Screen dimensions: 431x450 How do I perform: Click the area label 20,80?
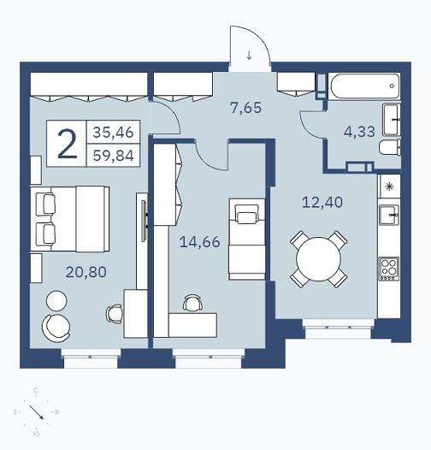(86, 272)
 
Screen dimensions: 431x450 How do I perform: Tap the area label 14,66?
(200, 242)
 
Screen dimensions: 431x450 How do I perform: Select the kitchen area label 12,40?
(322, 202)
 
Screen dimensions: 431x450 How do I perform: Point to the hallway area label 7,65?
(246, 108)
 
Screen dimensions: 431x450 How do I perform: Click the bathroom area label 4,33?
(359, 132)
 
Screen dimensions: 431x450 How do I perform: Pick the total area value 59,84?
(114, 156)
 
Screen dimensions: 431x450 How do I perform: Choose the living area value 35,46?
(114, 133)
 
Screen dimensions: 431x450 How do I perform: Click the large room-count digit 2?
(68, 144)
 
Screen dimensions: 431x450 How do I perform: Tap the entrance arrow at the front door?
(249, 55)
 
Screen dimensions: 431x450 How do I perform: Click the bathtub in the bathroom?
(364, 86)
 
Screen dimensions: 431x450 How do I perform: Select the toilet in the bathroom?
(390, 147)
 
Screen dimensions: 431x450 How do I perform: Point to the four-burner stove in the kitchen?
(389, 269)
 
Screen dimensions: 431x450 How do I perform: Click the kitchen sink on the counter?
(389, 215)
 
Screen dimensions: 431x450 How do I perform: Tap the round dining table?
(318, 259)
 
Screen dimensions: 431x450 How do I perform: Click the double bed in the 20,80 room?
(70, 219)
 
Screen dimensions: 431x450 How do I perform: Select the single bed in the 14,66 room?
(247, 239)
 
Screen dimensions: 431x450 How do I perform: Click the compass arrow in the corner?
(36, 412)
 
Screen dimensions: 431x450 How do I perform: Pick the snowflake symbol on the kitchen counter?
(389, 187)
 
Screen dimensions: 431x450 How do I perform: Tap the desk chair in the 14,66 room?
(192, 303)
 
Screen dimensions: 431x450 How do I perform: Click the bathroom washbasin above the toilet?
(392, 120)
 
